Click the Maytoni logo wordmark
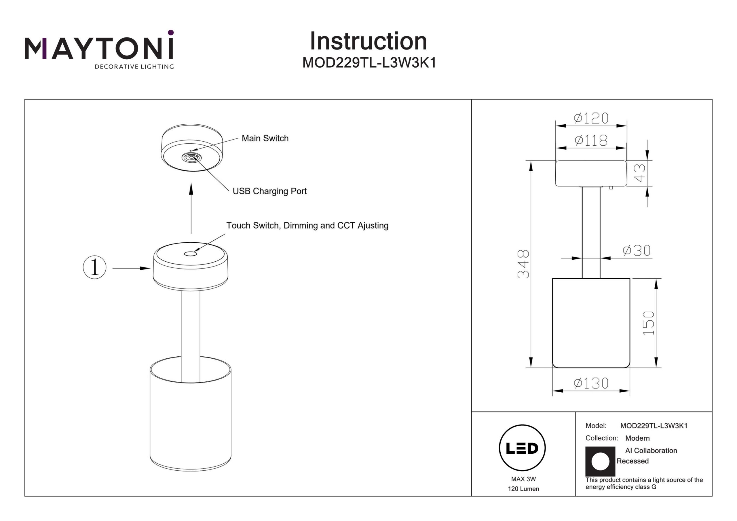point(99,48)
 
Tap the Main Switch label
point(265,138)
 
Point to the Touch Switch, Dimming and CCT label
point(307,225)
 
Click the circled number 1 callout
point(94,267)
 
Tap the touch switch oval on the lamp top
point(190,254)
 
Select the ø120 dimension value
point(591,118)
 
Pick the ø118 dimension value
point(591,140)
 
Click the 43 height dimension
point(640,173)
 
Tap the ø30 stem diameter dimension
point(637,250)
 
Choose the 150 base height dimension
point(648,323)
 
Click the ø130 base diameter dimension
point(591,383)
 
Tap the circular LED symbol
point(522,448)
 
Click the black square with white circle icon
point(600,461)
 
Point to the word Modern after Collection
point(637,438)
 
